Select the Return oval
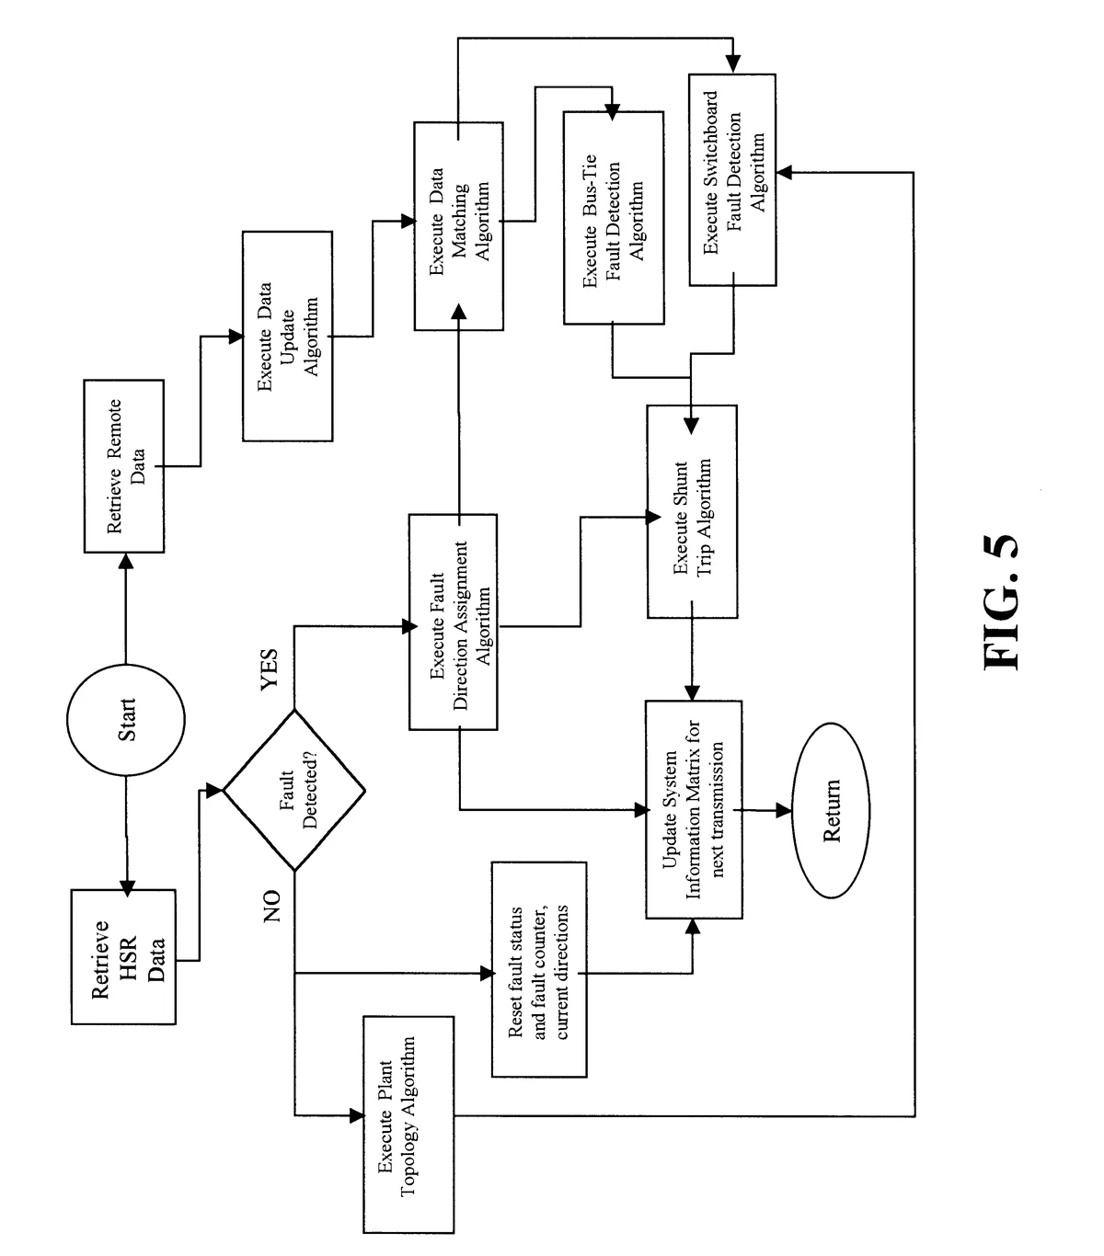coord(832,810)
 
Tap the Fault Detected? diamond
coord(294,790)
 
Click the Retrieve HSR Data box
coord(123,956)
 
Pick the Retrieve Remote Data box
coord(124,465)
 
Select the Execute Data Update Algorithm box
coord(286,337)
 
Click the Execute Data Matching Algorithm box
coord(458,225)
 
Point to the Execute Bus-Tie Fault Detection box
coord(613,218)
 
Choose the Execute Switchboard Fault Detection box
coord(732,179)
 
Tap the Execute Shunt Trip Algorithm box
coord(692,510)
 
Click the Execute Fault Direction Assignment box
coord(453,622)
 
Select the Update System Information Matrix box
coord(693,810)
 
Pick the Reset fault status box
coord(539,970)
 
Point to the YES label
coord(269,670)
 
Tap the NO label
coord(270,907)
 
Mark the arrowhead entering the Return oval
coord(784,810)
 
